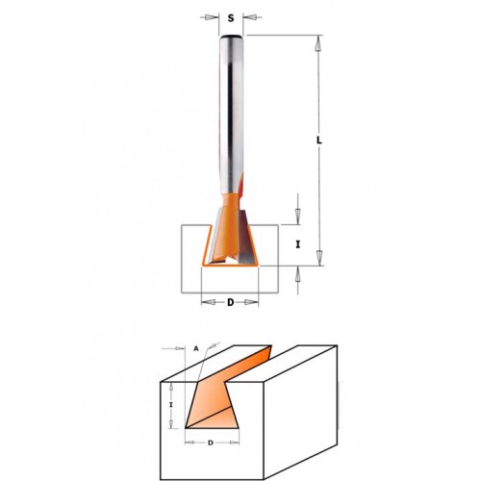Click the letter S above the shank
(231, 18)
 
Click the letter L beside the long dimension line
(319, 140)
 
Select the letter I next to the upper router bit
(298, 244)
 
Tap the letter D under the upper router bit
(230, 302)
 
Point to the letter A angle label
(196, 349)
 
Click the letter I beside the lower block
(171, 405)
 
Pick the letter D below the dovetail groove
(211, 443)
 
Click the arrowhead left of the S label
(211, 17)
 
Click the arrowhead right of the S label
(250, 17)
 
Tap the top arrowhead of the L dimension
(318, 43)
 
